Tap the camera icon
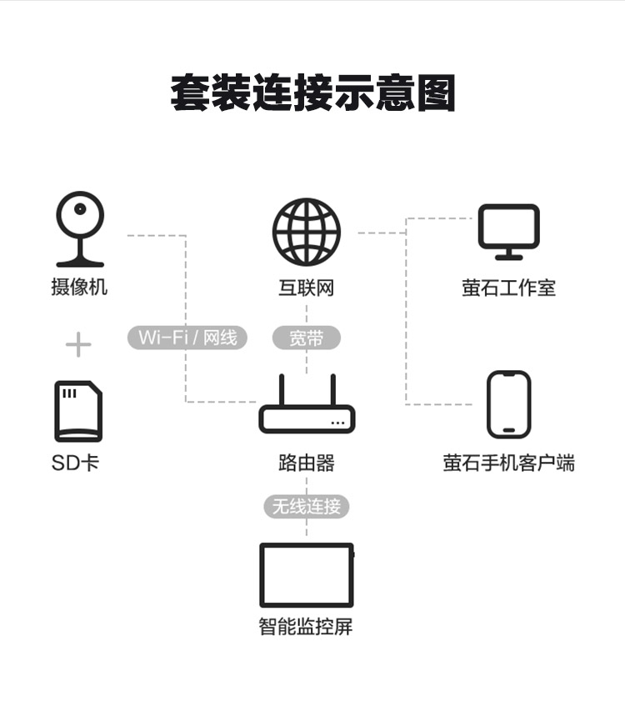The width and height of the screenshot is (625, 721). coord(80,229)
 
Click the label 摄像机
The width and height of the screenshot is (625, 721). coord(79,288)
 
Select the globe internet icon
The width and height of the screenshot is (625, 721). coord(307,232)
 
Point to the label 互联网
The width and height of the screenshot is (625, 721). coord(307,288)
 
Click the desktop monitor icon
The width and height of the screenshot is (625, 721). coord(508,232)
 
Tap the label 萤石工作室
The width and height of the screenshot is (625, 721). coord(508,288)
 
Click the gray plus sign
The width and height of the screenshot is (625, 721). coord(78,344)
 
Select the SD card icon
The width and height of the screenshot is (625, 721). coord(78,411)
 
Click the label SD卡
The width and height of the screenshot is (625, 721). coord(75,463)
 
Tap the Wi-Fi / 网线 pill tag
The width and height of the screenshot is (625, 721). coord(187,338)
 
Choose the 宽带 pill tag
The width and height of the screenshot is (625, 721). coord(307,338)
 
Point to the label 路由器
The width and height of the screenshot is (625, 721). coord(307,463)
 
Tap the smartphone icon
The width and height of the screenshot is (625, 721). coord(508,404)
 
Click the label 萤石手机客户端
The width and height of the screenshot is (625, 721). coord(508,463)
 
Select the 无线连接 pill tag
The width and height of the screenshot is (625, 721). coord(307,506)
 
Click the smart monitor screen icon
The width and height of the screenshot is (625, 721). coord(307,575)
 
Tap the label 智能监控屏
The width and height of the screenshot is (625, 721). coord(307,627)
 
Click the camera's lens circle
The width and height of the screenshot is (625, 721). coord(81,209)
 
